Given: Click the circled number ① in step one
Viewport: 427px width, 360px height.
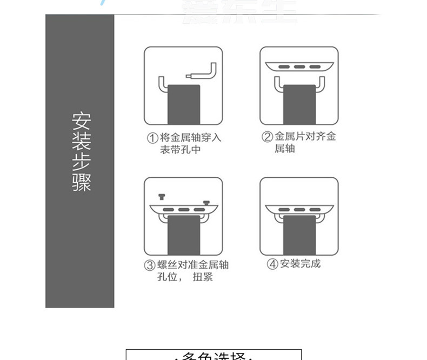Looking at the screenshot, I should pos(152,138).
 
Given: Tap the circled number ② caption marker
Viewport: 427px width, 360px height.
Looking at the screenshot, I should pos(266,137).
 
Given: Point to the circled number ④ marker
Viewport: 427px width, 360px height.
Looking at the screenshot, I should pos(272,264).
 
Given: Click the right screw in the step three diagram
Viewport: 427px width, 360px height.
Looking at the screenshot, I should pos(206,203).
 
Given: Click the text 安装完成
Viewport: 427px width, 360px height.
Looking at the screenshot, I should pos(301,264).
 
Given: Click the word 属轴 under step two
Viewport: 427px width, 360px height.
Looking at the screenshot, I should pos(285,149).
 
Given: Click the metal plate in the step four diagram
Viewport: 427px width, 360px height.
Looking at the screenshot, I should pos(299,209).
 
